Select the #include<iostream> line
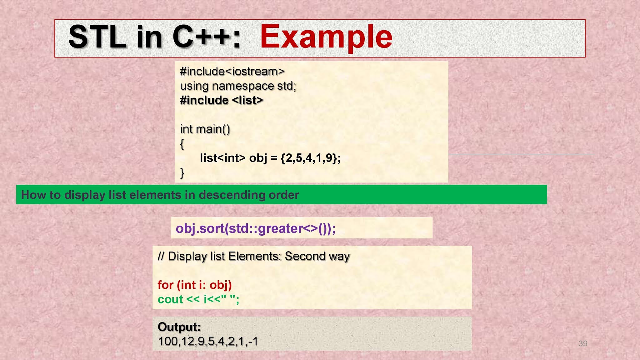click(x=232, y=72)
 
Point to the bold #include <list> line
click(x=222, y=100)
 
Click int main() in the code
click(x=205, y=129)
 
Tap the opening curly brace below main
click(x=182, y=144)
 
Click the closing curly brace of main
click(x=182, y=172)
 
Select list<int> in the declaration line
click(x=222, y=158)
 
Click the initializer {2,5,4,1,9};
click(x=311, y=158)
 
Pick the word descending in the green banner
click(x=231, y=195)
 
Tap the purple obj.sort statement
click(x=255, y=228)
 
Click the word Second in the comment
click(x=305, y=256)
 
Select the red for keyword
click(x=165, y=285)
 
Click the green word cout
click(x=170, y=299)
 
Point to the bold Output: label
click(x=179, y=327)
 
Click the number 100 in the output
click(x=168, y=341)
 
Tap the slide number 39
click(x=583, y=343)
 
